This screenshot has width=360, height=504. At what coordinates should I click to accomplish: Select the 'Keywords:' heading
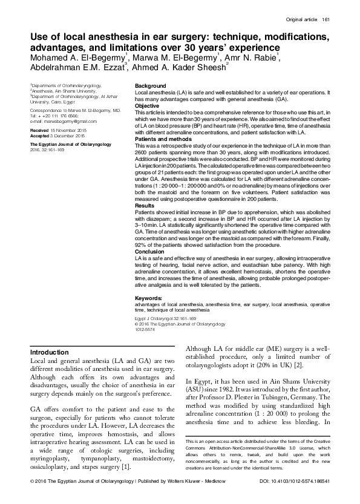(x=149, y=298)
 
